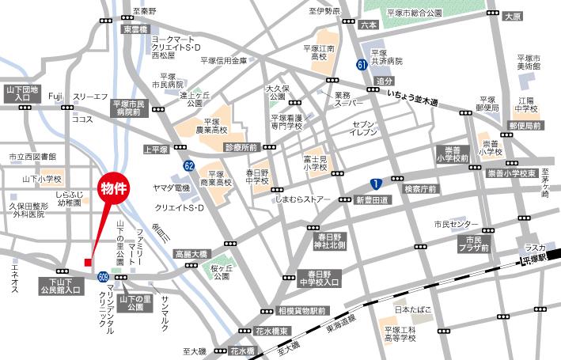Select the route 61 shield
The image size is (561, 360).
click(361, 65)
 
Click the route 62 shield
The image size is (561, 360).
click(188, 165)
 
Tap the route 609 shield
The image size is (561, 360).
click(104, 276)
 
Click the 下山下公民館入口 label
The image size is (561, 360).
click(60, 285)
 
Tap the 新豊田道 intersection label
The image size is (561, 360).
click(371, 201)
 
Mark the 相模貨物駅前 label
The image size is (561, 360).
click(301, 310)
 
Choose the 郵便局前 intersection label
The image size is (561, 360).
click(523, 126)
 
